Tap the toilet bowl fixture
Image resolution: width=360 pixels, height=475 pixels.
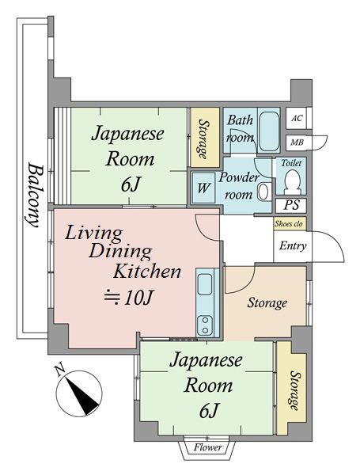point(293,181)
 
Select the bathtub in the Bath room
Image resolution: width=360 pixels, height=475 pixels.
point(270,131)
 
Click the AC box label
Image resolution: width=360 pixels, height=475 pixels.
point(297,118)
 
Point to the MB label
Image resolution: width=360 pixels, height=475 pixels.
point(297,142)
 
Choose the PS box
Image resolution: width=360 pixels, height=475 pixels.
point(291,205)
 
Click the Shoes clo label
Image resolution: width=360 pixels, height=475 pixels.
point(289,224)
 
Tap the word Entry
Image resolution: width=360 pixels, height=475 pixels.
point(293,245)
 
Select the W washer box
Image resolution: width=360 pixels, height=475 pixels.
point(204,188)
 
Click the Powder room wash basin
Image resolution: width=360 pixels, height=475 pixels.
point(263,192)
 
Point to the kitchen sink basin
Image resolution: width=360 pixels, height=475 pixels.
point(205,284)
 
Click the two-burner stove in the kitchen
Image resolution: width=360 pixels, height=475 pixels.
point(205,325)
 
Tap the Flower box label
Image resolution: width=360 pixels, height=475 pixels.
point(208,447)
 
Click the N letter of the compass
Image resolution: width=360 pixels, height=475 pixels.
point(59,370)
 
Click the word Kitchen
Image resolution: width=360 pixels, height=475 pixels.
point(147,271)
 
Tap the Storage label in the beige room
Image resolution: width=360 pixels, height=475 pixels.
point(267,303)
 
